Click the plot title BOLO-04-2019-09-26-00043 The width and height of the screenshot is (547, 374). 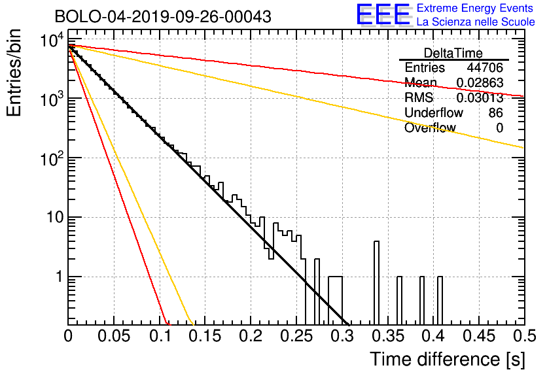[163, 16]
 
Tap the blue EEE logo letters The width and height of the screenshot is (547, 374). [383, 14]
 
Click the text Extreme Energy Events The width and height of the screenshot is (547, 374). [475, 8]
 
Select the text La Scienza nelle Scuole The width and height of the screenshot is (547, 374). [476, 22]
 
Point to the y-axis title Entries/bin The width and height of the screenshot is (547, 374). [14, 73]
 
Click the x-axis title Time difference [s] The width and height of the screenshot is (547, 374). [448, 359]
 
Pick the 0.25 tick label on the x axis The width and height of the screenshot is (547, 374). [296, 336]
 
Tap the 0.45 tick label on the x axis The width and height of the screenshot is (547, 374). [479, 336]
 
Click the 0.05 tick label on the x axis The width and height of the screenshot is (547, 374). [114, 336]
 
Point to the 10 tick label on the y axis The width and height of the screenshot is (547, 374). [55, 218]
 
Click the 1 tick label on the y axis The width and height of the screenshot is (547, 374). [60, 277]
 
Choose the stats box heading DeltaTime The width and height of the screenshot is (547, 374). [453, 53]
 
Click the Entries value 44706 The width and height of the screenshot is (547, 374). [485, 67]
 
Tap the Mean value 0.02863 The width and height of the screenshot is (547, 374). [480, 82]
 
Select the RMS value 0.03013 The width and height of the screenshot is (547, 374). [480, 97]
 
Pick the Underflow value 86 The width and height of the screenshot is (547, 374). [496, 112]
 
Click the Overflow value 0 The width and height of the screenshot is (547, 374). [499, 128]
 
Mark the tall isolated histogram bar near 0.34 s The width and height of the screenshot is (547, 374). [376, 283]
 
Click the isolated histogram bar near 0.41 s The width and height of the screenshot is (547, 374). [440, 301]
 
